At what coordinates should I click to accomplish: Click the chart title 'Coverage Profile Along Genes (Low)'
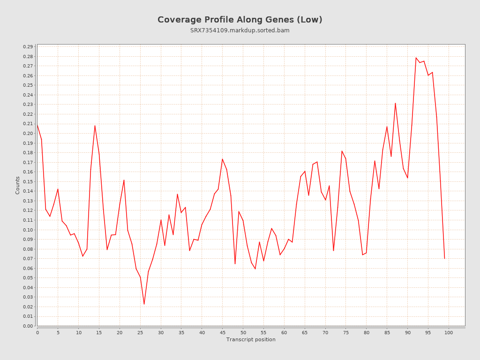tap(240, 20)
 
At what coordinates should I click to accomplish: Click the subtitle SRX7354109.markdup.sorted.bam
tap(240, 30)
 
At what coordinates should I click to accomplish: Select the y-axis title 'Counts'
tap(18, 185)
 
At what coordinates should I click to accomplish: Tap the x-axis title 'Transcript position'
tap(251, 339)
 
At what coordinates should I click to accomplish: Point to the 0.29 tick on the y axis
tap(28, 47)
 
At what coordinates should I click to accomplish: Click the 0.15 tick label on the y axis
tap(28, 182)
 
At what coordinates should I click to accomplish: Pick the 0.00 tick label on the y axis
tap(28, 326)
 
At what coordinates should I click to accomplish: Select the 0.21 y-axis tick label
tap(28, 124)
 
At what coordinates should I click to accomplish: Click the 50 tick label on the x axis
tap(243, 333)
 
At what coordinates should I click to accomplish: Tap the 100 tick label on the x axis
tap(449, 333)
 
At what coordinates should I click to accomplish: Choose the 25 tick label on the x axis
tap(140, 333)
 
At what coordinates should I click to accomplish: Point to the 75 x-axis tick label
tap(346, 333)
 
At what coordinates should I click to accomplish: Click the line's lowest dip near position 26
tap(144, 304)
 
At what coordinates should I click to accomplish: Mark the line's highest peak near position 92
tap(416, 58)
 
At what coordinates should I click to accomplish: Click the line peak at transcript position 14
tap(95, 125)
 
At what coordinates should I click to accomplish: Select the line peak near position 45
tap(222, 159)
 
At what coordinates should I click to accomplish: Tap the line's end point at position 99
tap(444, 258)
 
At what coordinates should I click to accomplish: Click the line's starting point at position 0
tap(37, 125)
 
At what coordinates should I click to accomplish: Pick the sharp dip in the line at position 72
tap(333, 251)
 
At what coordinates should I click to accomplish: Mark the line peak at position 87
tap(395, 103)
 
